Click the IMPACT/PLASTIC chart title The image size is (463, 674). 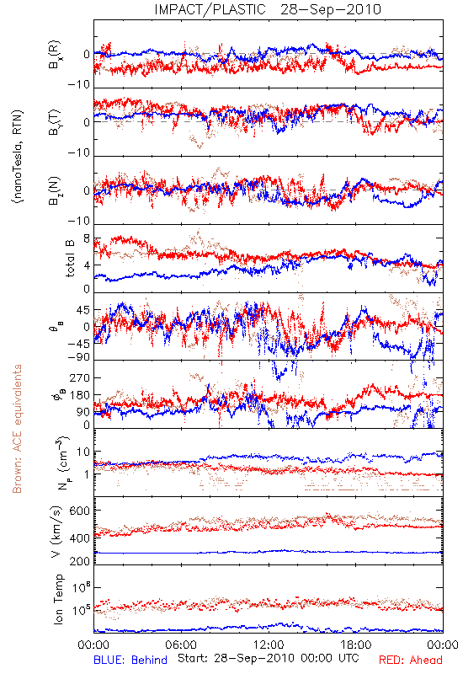210,9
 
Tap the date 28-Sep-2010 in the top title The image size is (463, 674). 331,9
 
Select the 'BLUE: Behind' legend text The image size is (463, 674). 130,660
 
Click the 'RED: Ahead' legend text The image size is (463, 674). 411,660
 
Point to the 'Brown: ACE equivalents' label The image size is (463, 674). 17,429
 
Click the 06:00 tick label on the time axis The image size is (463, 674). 181,645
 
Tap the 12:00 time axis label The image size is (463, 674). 269,645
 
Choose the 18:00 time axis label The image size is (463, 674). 356,645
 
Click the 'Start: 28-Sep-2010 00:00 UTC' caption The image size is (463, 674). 269,658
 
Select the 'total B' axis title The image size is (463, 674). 71,258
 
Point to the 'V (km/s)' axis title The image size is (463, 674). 56,532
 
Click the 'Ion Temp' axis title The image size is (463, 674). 58,599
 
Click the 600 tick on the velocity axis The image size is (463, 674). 80,511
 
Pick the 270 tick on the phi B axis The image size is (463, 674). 80,377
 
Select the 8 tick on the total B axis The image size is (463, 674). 87,239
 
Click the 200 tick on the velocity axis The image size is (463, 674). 80,560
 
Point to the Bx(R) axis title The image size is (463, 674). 55,55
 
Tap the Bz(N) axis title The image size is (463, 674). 55,190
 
